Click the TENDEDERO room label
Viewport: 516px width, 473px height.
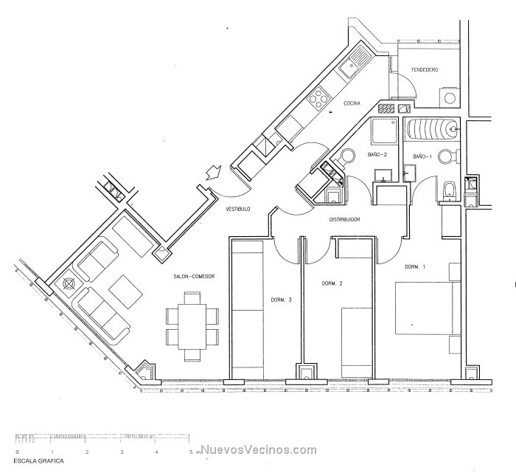425,70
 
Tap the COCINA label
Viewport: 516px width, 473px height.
352,103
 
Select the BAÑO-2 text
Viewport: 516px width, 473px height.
377,154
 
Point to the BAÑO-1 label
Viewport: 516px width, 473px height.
422,156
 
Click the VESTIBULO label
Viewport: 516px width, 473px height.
237,209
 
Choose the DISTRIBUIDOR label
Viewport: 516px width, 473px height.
344,219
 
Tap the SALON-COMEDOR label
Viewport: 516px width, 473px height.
194,277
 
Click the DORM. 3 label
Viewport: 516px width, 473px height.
281,300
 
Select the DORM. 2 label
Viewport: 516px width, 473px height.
332,283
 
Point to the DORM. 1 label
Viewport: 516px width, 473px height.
414,267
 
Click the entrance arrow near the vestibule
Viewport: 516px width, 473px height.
212,172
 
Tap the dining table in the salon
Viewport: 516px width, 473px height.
192,326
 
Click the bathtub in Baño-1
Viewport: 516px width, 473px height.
432,129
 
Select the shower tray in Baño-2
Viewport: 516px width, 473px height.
384,131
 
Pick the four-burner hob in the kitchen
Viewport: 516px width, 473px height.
318,97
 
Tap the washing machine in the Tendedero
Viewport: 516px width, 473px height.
449,97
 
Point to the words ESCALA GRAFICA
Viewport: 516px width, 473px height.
38,460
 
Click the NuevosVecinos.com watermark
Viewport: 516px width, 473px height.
259,450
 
